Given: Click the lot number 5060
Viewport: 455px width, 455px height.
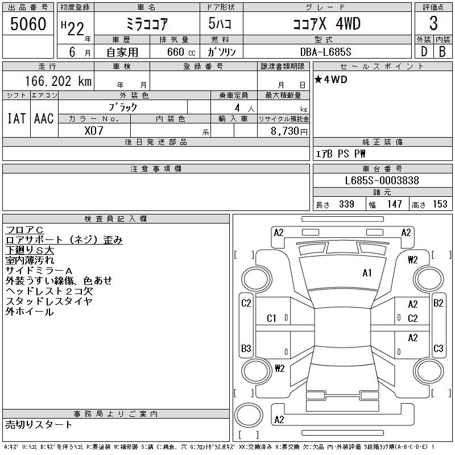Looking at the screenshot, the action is (28, 24).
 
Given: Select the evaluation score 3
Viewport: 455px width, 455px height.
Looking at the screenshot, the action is (433, 23).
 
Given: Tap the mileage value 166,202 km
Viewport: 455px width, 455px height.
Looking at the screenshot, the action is (58, 81).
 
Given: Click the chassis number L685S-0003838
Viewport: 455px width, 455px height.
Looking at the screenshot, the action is (382, 180).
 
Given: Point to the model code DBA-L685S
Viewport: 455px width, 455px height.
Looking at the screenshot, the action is (325, 52).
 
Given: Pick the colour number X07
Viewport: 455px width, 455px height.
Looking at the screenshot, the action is (94, 131).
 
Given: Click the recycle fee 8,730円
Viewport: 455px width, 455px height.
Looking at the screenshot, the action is (289, 131).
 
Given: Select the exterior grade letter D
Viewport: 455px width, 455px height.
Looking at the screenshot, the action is (424, 52).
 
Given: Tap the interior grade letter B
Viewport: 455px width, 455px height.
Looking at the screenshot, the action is (442, 52).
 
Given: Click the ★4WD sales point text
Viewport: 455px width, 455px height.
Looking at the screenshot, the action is (331, 79).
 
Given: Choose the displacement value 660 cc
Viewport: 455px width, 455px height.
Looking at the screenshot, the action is (181, 52).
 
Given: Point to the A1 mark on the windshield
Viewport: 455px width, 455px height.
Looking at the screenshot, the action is (367, 273).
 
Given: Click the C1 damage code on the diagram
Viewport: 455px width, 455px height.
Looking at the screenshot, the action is (271, 318).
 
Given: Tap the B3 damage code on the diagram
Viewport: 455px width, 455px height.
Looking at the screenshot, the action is (246, 348).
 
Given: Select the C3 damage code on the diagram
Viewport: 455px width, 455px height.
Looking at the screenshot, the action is (438, 348).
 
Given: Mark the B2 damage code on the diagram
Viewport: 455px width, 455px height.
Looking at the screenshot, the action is (438, 303).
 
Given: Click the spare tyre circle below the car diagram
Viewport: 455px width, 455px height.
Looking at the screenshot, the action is (249, 416).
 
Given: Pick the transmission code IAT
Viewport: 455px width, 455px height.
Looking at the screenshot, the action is (16, 118).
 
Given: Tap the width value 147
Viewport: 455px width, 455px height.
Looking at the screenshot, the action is (394, 204).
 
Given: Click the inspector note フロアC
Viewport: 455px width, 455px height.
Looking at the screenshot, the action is (24, 230).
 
